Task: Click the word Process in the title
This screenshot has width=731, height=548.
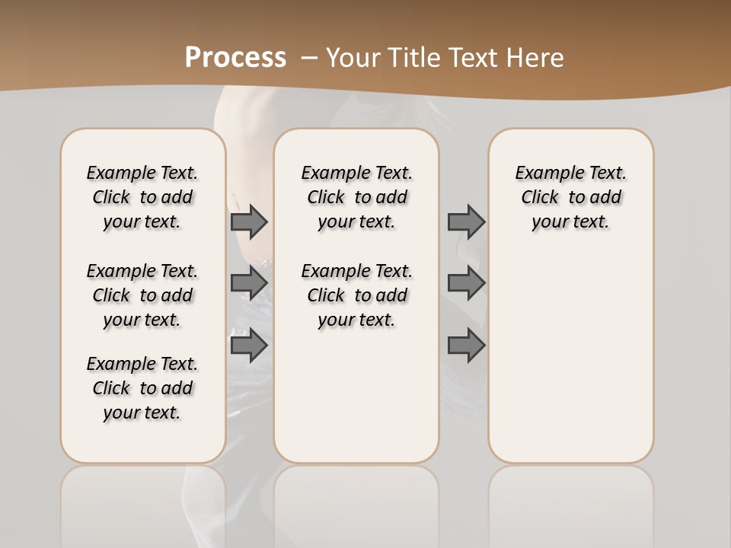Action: click(235, 58)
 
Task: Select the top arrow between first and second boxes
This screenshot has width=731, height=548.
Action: click(249, 221)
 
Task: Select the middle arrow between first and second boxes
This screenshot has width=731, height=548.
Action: click(249, 283)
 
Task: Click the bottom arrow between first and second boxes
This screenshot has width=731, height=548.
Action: click(249, 346)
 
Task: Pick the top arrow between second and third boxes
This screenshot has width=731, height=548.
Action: click(466, 221)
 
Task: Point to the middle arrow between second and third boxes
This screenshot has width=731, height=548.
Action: click(466, 283)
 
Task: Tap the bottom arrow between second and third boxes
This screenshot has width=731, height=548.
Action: click(466, 346)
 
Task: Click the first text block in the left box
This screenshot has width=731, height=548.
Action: click(142, 197)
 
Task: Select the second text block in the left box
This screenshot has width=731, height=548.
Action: click(142, 295)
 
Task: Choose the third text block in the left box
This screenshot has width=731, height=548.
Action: click(142, 388)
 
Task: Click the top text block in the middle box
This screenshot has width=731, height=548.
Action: click(356, 197)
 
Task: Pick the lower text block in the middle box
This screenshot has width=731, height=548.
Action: click(356, 295)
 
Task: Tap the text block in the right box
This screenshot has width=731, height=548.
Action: click(570, 197)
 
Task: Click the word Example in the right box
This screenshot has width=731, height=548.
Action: click(544, 173)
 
